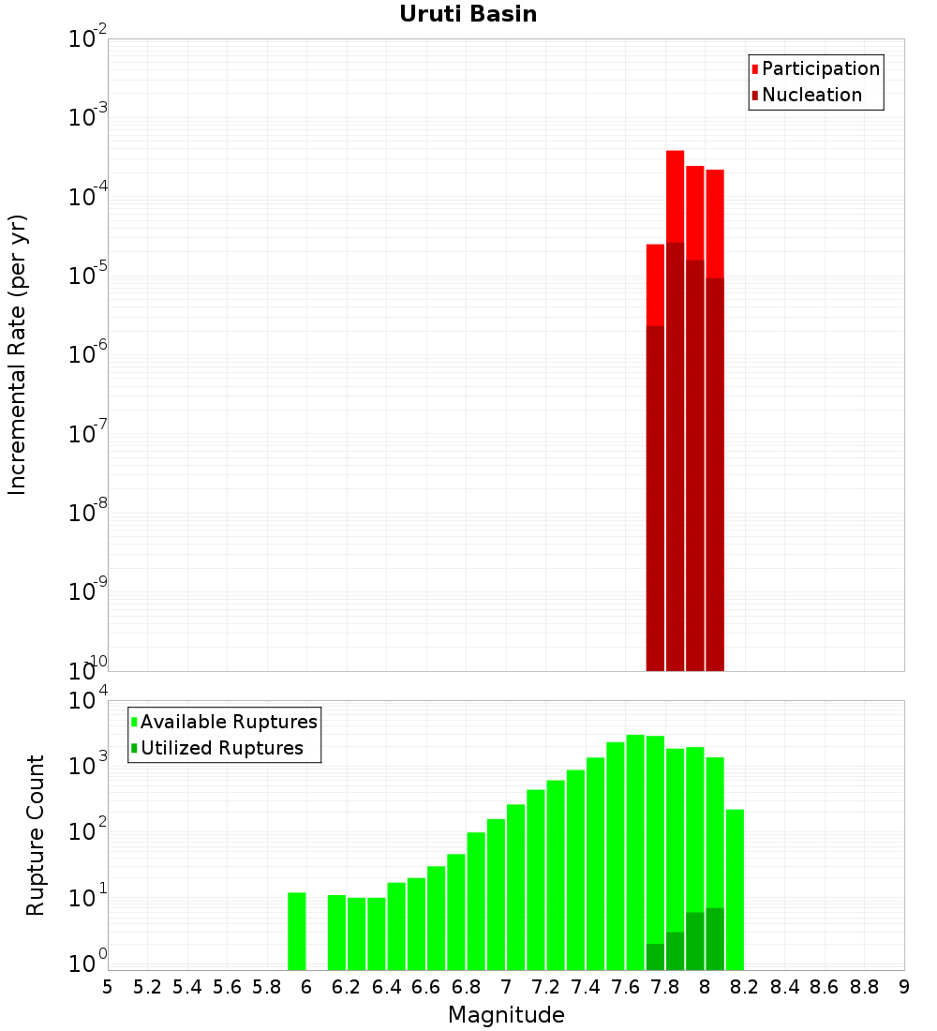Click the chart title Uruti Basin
click(x=468, y=14)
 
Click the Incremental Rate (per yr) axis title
click(x=18, y=354)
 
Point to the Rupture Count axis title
click(x=36, y=834)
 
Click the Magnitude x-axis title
click(x=506, y=1015)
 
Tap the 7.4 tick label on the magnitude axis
click(x=586, y=987)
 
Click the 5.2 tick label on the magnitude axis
click(x=147, y=987)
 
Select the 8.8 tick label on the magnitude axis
click(x=864, y=987)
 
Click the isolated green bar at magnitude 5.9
click(x=297, y=932)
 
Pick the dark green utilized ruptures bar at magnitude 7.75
click(x=655, y=957)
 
